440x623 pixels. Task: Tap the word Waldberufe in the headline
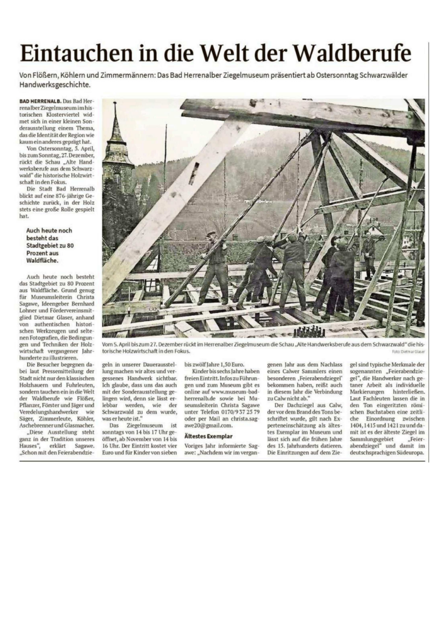354,54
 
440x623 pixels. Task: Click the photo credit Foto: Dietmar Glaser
408,352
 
